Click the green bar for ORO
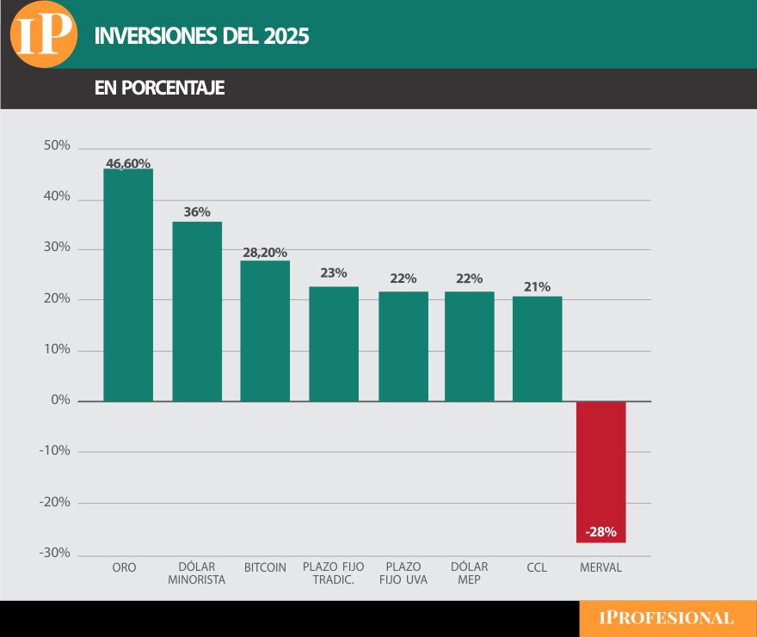pos(128,285)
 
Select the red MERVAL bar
pos(600,471)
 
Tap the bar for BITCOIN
pos(265,331)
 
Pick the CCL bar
pos(537,349)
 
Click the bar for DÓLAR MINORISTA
pos(197,311)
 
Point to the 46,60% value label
pos(128,162)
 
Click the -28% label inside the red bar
pos(600,532)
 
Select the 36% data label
pos(197,211)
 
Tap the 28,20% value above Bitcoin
pos(265,252)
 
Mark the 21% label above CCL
pos(537,287)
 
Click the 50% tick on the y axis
pos(57,146)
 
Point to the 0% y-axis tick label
pos(60,401)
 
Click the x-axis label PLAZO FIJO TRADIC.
pos(333,573)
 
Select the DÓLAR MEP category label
pos(469,573)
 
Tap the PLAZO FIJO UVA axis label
pos(403,573)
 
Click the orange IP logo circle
pos(43,34)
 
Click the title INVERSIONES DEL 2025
pos(201,36)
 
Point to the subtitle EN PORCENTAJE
pos(159,89)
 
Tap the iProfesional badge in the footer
pos(667,618)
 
